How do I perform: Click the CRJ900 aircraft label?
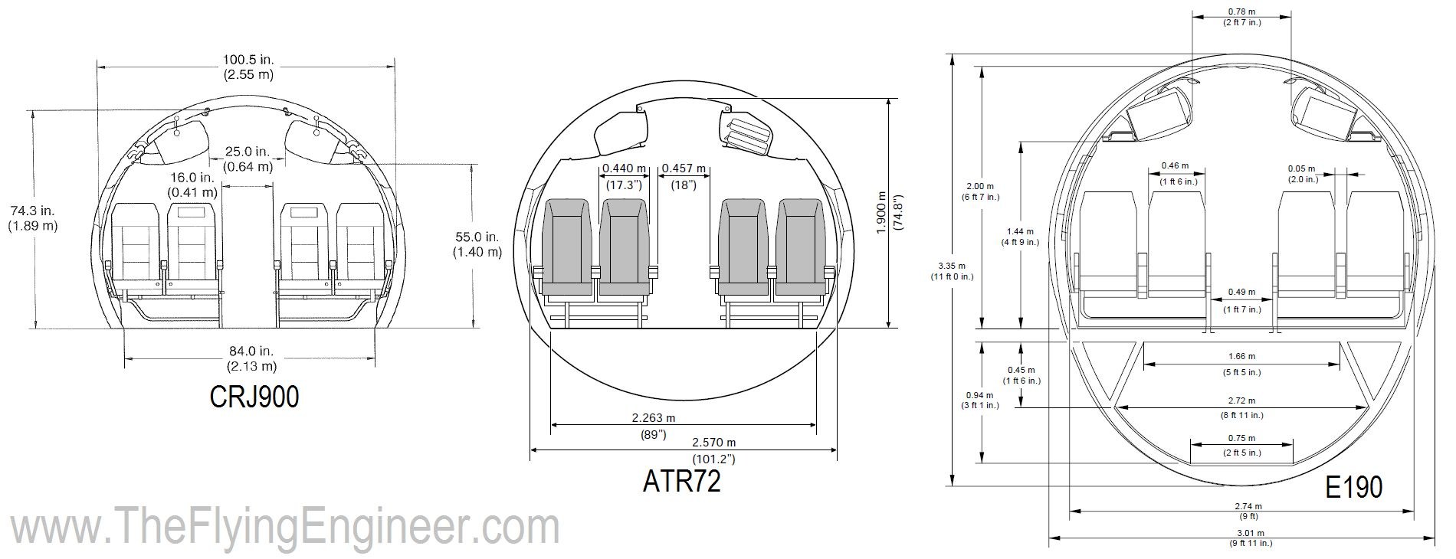(x=255, y=397)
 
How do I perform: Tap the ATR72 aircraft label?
(x=681, y=481)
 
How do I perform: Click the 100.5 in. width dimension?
(x=248, y=67)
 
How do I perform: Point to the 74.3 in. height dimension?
(x=32, y=217)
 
